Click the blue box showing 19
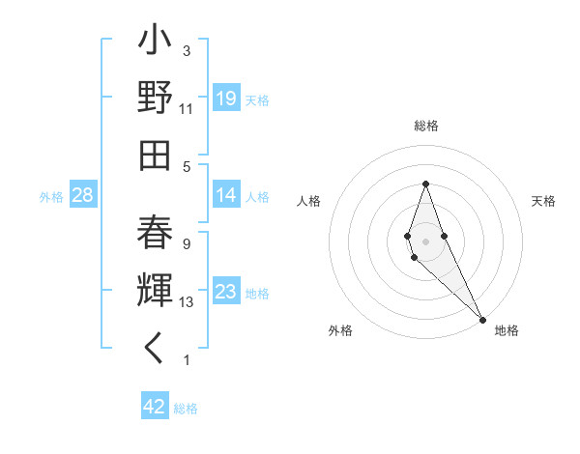(226, 98)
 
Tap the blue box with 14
(226, 195)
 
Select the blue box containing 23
(226, 292)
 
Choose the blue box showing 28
(83, 195)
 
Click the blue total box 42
(155, 407)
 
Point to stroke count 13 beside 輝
(188, 302)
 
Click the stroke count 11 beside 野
(187, 109)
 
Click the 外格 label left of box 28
(51, 197)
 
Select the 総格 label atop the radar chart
(426, 126)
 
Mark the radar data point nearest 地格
(483, 319)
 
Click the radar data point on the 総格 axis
(425, 184)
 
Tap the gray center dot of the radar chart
(425, 241)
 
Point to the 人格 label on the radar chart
(309, 201)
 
